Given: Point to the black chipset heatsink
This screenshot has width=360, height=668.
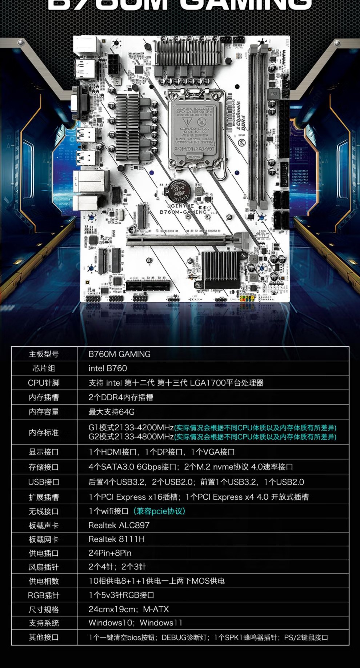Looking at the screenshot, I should pyautogui.click(x=219, y=265).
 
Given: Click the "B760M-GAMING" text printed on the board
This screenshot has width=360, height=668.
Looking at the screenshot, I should pyautogui.click(x=183, y=212).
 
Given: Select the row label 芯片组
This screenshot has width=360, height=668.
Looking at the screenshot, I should pyautogui.click(x=44, y=368).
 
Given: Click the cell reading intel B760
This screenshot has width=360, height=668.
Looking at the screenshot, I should pyautogui.click(x=108, y=368).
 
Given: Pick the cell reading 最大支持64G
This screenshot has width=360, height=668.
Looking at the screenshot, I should pyautogui.click(x=112, y=412).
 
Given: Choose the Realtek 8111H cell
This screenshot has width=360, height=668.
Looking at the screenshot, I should pyautogui.click(x=116, y=539).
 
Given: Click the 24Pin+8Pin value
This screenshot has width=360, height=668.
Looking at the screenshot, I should pyautogui.click(x=110, y=553).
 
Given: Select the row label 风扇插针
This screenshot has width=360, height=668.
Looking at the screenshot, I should pyautogui.click(x=44, y=567).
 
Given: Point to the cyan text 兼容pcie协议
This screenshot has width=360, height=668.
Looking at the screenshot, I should pyautogui.click(x=159, y=511).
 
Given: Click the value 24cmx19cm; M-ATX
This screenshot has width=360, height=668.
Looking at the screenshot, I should pyautogui.click(x=128, y=609).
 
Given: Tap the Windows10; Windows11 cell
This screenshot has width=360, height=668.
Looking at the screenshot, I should pyautogui.click(x=135, y=623).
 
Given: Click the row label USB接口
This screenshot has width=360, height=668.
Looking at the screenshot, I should pyautogui.click(x=44, y=482).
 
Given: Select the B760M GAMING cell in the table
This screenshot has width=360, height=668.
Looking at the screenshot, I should pyautogui.click(x=119, y=354).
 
